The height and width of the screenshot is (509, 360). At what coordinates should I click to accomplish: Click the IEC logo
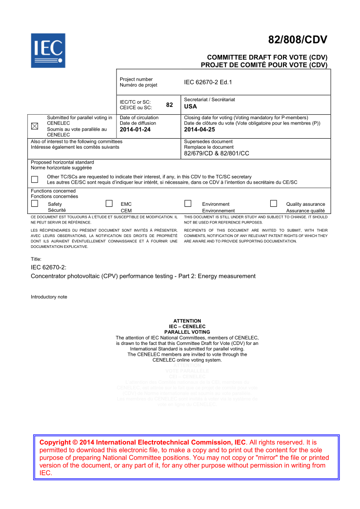[x=48, y=50]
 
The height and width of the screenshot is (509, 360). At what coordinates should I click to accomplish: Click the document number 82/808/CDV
[x=297, y=40]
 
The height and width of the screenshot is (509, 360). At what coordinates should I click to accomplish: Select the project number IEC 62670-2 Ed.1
[x=208, y=82]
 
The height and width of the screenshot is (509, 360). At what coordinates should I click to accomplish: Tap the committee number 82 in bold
[x=170, y=105]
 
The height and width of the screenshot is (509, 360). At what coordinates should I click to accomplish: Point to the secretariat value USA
[x=190, y=107]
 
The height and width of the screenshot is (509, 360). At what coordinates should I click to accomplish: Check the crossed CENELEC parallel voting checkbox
[x=34, y=126]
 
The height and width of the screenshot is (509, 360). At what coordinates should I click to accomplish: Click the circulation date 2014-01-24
[x=135, y=130]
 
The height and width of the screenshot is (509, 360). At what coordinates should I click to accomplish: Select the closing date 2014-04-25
[x=199, y=130]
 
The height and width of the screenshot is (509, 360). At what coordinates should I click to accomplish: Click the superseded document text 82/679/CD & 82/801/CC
[x=217, y=153]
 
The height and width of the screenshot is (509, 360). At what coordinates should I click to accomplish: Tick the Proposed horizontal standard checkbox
[x=34, y=179]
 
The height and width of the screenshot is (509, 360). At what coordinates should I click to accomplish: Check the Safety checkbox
[x=34, y=204]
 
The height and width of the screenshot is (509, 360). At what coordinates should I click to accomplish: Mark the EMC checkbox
[x=109, y=204]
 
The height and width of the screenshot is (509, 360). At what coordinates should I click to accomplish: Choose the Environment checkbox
[x=188, y=204]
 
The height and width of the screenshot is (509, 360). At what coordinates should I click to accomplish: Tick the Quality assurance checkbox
[x=273, y=204]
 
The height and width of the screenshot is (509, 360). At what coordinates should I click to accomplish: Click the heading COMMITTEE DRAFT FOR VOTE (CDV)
[x=267, y=58]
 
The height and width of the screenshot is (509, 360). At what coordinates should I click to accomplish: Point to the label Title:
[x=36, y=259]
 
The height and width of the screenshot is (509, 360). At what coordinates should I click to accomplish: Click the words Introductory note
[x=49, y=297]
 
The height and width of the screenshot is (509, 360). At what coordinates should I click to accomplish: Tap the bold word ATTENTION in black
[x=187, y=321]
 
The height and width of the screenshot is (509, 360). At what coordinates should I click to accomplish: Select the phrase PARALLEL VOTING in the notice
[x=187, y=332]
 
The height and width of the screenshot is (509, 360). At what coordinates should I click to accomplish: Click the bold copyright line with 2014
[x=143, y=442]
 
